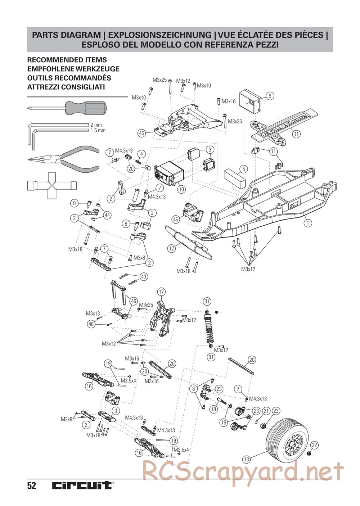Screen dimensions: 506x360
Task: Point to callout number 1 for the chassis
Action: pyautogui.click(x=307, y=223)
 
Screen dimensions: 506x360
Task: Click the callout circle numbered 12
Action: pyautogui.click(x=171, y=248)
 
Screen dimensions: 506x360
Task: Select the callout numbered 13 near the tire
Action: pyautogui.click(x=246, y=459)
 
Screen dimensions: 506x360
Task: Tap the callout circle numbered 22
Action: pyautogui.click(x=314, y=445)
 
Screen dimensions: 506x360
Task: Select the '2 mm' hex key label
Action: pyautogui.click(x=96, y=125)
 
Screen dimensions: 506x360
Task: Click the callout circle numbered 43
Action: pyautogui.click(x=143, y=276)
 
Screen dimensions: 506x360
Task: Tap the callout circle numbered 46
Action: pyautogui.click(x=133, y=301)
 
